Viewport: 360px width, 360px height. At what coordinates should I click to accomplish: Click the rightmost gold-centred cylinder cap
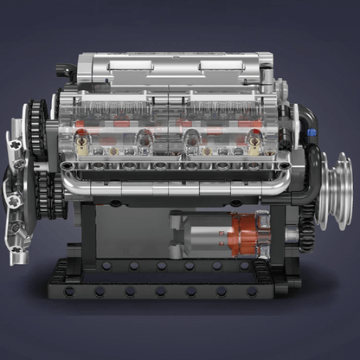254,138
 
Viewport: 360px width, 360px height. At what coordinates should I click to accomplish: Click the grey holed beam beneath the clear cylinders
173,164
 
